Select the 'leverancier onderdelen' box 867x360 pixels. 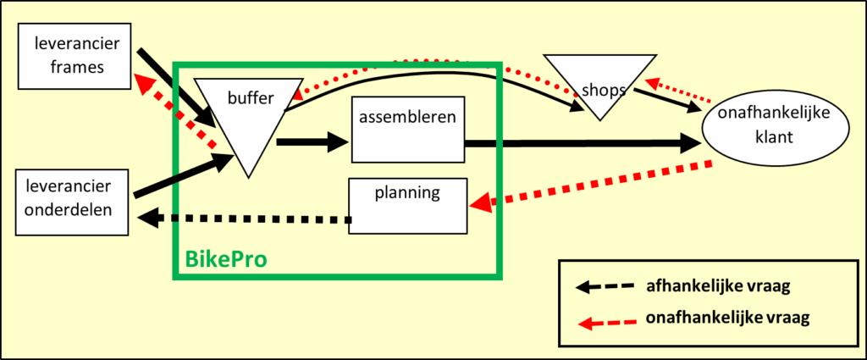click(x=75, y=202)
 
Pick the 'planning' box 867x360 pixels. click(x=409, y=206)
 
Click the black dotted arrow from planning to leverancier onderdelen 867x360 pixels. click(x=246, y=219)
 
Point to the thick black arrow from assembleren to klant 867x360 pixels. click(x=584, y=144)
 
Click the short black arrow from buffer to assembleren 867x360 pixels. click(x=312, y=143)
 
